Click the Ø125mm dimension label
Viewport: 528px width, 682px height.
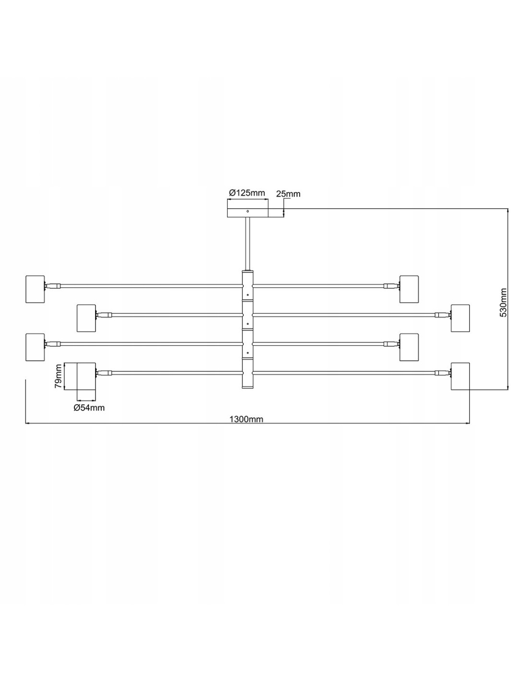pos(247,192)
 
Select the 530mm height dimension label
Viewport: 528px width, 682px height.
pos(504,303)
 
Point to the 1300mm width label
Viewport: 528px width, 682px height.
pos(246,419)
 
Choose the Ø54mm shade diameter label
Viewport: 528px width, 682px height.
pos(89,408)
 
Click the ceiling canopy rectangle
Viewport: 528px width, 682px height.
pos(248,212)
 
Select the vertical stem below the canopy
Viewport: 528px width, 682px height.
pos(248,244)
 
